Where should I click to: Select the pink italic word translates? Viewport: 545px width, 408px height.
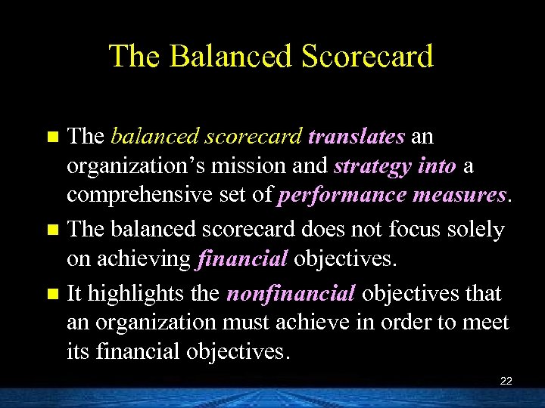tap(357, 137)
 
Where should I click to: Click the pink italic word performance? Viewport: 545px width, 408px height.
tap(343, 196)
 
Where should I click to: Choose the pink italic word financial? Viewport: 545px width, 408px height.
tap(242, 259)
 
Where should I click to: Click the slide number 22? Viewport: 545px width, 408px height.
tap(506, 381)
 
